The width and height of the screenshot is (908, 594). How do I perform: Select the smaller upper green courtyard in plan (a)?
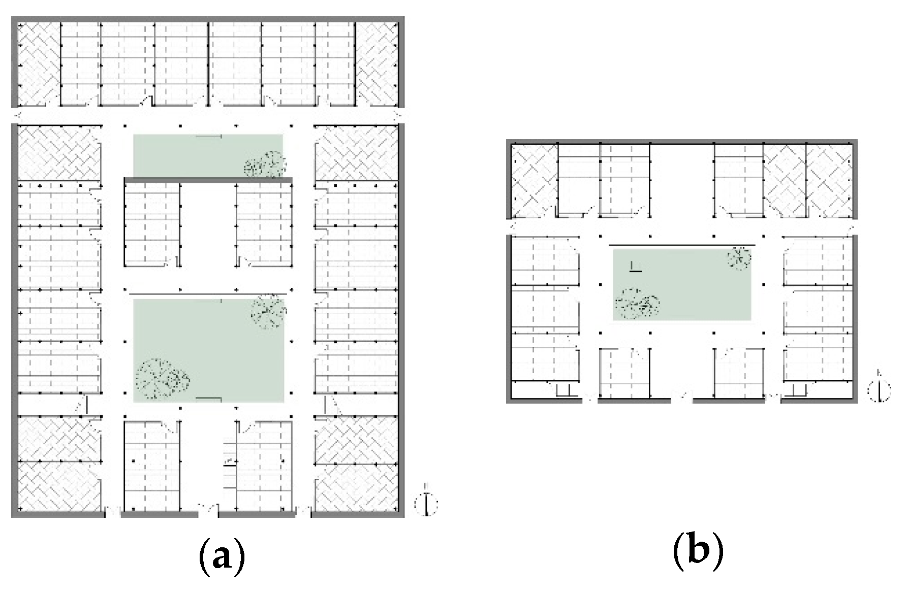pos(208,155)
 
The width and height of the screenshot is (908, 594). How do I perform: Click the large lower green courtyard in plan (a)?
pos(208,350)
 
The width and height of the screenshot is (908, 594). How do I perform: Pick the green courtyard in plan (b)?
pos(682,284)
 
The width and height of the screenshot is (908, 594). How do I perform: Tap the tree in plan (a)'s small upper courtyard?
pos(265,164)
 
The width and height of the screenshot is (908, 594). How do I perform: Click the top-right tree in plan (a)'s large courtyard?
pos(268,311)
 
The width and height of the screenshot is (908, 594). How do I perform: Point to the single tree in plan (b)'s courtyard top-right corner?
pos(739,257)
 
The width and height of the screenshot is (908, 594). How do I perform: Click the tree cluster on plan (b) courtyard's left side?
pos(637,304)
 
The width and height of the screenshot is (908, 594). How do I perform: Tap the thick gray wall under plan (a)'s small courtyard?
pos(208,180)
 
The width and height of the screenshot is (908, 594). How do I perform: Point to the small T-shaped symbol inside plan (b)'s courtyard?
pos(635,267)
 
